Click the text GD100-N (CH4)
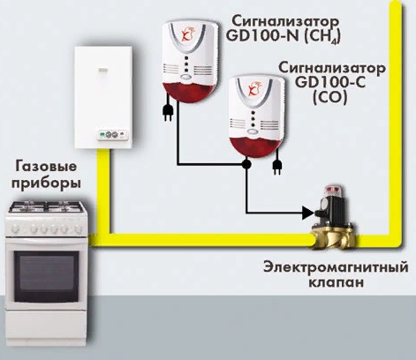[284, 36]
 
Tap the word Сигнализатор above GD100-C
[332, 68]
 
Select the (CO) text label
[329, 98]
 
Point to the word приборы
[46, 184]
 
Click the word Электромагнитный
[336, 267]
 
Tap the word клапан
[336, 282]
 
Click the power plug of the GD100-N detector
[167, 113]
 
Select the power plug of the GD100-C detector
[276, 167]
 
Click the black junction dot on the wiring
[246, 164]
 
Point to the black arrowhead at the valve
[308, 213]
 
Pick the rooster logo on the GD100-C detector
[254, 88]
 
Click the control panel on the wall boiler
[113, 135]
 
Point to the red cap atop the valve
[333, 191]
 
